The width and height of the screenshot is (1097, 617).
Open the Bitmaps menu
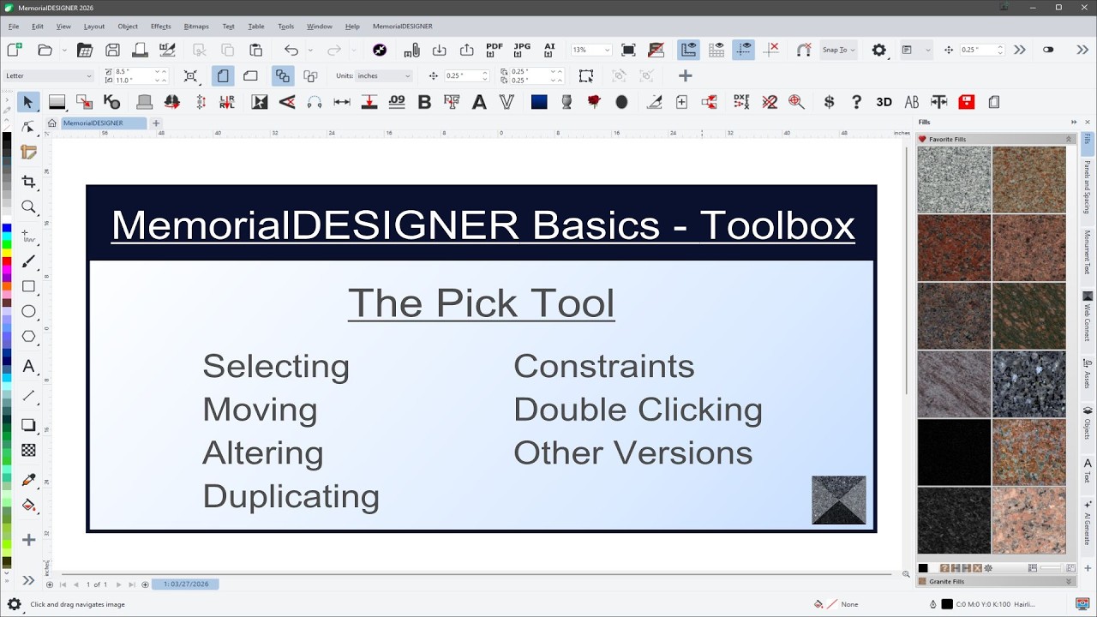(196, 27)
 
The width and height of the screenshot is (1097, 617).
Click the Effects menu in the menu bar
(161, 27)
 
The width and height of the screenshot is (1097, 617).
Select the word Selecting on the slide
(276, 366)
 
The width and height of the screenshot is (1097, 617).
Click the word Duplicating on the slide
(291, 496)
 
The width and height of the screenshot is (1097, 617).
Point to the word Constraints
(603, 366)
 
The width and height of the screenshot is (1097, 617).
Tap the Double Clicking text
(638, 410)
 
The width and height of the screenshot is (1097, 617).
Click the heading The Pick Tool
(481, 303)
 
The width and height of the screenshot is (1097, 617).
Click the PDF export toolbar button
(495, 50)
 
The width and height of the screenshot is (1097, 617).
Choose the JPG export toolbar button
(522, 50)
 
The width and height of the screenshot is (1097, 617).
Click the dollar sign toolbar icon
(829, 102)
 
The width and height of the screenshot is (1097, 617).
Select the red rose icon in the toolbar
(594, 102)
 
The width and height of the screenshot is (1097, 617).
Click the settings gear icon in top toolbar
(878, 50)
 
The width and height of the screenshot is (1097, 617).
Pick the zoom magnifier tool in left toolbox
(28, 207)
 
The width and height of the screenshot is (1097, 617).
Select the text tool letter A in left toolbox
(28, 366)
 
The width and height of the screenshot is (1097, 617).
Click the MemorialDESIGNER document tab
(93, 123)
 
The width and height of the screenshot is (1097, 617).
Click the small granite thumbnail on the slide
(838, 500)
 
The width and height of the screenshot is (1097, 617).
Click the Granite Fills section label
(946, 581)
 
